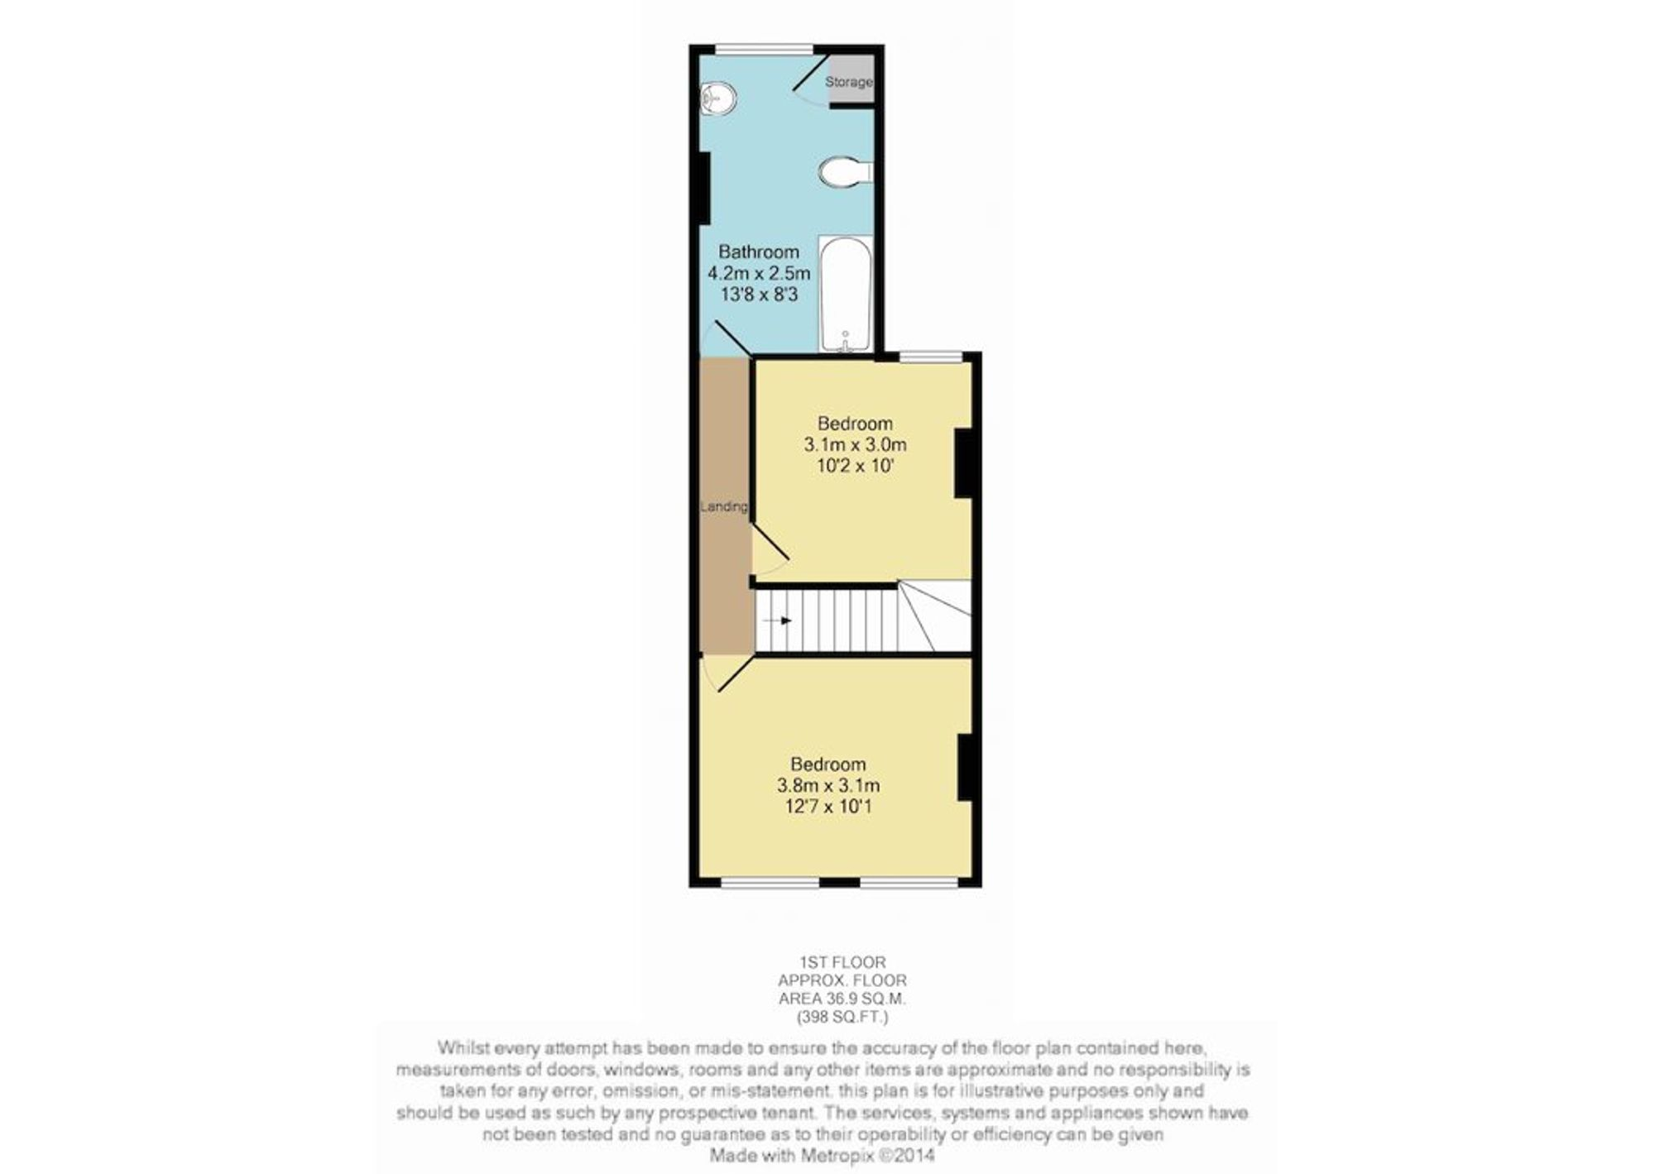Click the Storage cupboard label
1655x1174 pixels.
click(849, 82)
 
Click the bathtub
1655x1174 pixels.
click(845, 294)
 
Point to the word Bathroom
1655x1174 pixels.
click(759, 252)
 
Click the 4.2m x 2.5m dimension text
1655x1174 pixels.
click(759, 273)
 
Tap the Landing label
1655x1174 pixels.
click(724, 506)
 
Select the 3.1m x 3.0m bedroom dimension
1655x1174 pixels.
click(856, 445)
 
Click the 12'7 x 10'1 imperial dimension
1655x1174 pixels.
click(828, 807)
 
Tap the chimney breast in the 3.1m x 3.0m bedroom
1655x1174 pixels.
click(963, 463)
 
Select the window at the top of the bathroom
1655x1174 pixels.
click(764, 49)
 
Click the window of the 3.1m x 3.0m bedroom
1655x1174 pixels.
click(931, 357)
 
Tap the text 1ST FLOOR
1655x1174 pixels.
click(842, 962)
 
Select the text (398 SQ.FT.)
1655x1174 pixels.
click(842, 1017)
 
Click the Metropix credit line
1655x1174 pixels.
click(823, 1155)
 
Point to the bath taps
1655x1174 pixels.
click(845, 343)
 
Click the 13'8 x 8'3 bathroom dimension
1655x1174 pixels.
click(759, 295)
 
